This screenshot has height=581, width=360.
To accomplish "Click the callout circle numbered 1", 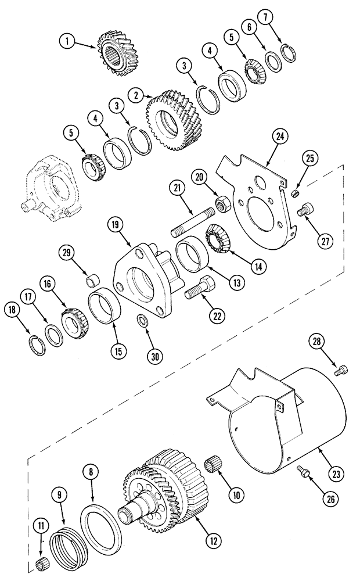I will coord(69,41).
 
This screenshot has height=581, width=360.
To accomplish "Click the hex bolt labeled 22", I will coord(201,288).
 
